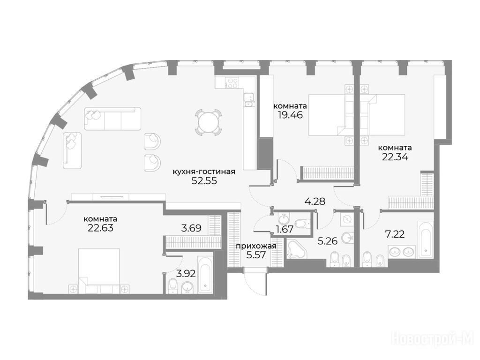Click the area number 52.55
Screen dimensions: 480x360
click(204, 180)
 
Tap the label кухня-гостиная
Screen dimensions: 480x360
click(204, 172)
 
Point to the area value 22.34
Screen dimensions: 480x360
click(395, 157)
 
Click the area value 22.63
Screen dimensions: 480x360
click(100, 228)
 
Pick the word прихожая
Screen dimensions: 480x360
click(256, 246)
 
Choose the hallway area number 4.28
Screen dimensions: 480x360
click(315, 202)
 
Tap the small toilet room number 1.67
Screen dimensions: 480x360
click(285, 229)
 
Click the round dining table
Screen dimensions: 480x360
click(209, 122)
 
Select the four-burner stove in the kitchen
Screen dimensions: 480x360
click(232, 82)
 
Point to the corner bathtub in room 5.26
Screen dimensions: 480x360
click(296, 250)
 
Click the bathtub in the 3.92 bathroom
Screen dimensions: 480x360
click(205, 274)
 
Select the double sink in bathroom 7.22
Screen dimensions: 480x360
click(402, 252)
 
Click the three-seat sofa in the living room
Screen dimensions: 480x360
click(112, 119)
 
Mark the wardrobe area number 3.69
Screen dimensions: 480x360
click(191, 228)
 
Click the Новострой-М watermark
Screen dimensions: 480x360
click(432, 339)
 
